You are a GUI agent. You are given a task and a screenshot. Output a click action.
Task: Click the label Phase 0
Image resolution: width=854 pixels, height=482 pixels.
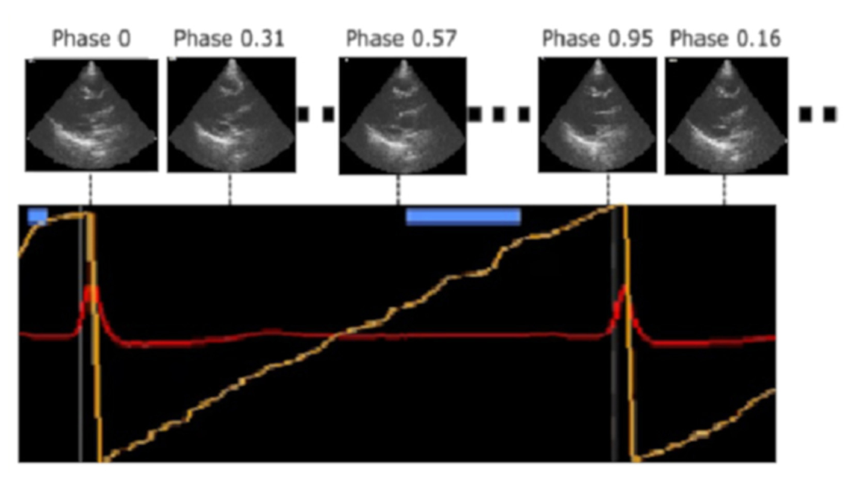91,39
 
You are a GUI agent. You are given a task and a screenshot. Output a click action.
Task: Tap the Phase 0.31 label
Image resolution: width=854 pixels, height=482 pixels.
229,39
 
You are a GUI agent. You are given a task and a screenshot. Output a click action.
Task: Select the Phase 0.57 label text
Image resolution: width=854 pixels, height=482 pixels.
401,39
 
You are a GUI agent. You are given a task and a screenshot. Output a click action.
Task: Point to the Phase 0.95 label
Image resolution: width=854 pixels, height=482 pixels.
597,39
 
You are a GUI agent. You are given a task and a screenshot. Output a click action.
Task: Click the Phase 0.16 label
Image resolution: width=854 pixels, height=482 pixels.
725,39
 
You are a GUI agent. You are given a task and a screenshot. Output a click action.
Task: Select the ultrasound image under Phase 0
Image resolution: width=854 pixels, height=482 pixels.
92,114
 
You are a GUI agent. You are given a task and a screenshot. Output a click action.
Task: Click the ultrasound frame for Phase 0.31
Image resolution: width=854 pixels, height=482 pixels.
231,114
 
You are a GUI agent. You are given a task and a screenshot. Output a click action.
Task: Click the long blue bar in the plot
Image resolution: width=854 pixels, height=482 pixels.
463,216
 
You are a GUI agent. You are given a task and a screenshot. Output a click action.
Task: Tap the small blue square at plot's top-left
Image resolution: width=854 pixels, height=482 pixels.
37,216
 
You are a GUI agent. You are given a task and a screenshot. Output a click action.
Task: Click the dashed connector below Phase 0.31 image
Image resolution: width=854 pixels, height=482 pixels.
229,189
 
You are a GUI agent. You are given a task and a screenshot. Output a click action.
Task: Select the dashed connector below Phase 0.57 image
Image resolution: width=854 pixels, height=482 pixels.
397,189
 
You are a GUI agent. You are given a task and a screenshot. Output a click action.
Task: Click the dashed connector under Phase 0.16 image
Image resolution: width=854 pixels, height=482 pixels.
725,190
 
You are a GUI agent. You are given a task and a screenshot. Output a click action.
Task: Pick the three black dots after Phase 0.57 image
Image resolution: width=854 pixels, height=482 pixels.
499,114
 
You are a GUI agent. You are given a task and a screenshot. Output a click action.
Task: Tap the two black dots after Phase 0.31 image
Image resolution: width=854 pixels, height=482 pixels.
316,114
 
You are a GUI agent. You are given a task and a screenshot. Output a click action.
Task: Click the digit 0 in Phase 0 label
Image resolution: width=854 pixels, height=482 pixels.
124,39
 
